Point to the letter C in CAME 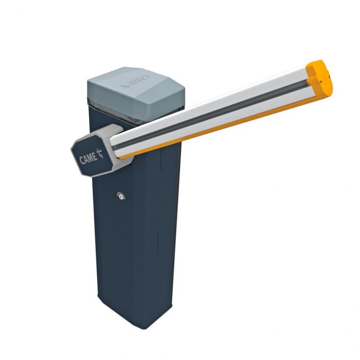pos(82,160)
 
